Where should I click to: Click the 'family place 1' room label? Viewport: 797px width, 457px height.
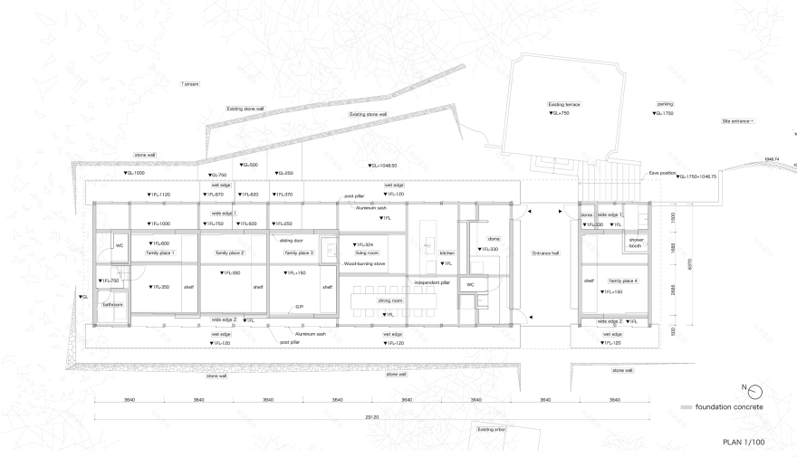coord(159,252)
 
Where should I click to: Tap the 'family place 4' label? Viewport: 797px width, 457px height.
coord(623,281)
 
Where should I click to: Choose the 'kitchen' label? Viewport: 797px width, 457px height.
coord(447,253)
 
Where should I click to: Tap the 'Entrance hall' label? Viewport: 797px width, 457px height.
coord(546,253)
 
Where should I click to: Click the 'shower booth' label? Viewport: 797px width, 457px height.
coord(635,243)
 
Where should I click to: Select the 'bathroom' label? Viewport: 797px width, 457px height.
coord(111,305)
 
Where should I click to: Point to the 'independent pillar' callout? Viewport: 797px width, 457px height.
coord(432,282)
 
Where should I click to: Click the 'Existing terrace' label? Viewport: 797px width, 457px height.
coord(564,104)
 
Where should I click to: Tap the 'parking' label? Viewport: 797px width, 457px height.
coord(665,104)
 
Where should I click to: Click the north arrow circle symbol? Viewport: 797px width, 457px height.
coord(756,390)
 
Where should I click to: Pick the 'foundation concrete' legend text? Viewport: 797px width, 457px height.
coord(729,407)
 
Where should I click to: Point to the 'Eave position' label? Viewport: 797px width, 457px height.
coord(661,170)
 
